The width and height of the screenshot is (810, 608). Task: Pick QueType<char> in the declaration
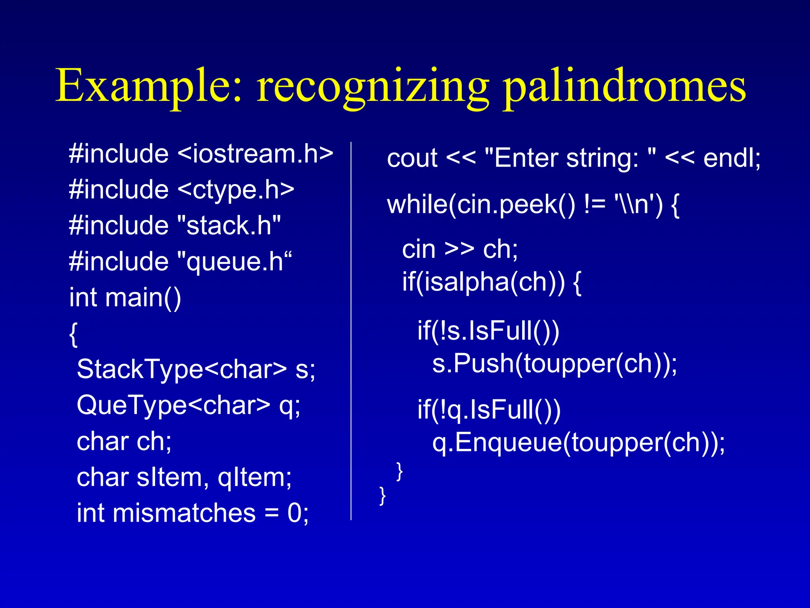coord(174,405)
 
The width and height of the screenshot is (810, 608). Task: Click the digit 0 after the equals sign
coord(295,513)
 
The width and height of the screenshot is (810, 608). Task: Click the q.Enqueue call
coord(496,443)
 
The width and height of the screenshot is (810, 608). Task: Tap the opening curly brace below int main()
coord(74,334)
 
